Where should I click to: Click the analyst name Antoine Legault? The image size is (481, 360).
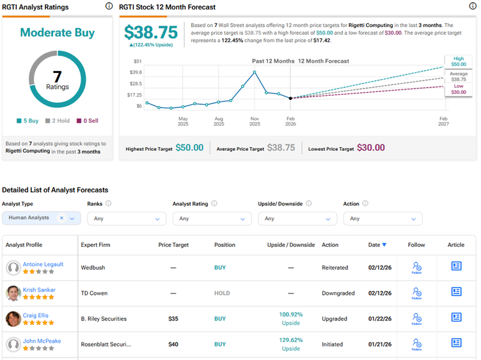pyautogui.click(x=43, y=264)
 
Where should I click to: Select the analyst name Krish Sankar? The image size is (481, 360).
pyautogui.click(x=39, y=290)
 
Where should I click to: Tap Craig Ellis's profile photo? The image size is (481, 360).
pyautogui.click(x=13, y=318)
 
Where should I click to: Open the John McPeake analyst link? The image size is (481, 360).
pyautogui.click(x=42, y=341)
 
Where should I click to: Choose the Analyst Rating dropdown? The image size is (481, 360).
pyautogui.click(x=211, y=219)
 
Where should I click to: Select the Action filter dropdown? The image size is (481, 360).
pyautogui.click(x=382, y=219)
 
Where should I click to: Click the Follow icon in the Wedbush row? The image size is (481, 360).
pyautogui.click(x=416, y=267)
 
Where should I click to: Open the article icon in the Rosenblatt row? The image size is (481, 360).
pyautogui.click(x=456, y=343)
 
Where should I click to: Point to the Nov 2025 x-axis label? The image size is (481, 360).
pyautogui.click(x=255, y=119)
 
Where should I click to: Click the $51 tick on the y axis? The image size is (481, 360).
pyautogui.click(x=138, y=61)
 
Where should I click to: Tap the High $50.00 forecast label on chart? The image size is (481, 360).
pyautogui.click(x=459, y=61)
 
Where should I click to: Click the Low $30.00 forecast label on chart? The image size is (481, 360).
pyautogui.click(x=459, y=89)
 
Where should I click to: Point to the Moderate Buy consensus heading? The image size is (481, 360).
pyautogui.click(x=58, y=33)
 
